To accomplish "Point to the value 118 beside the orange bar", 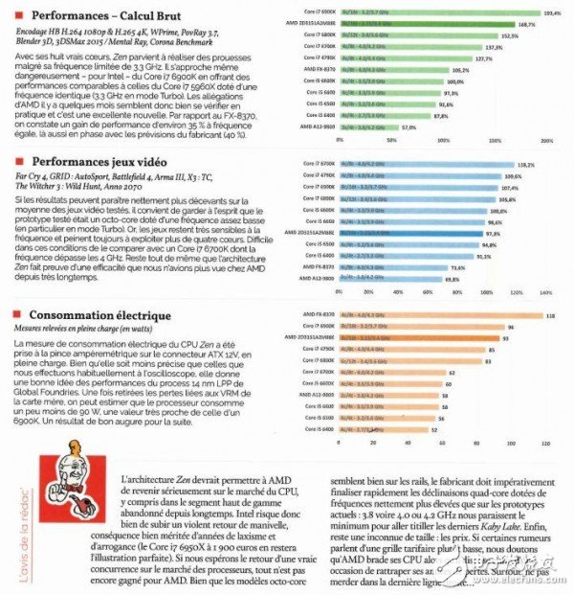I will coord(549,314).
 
